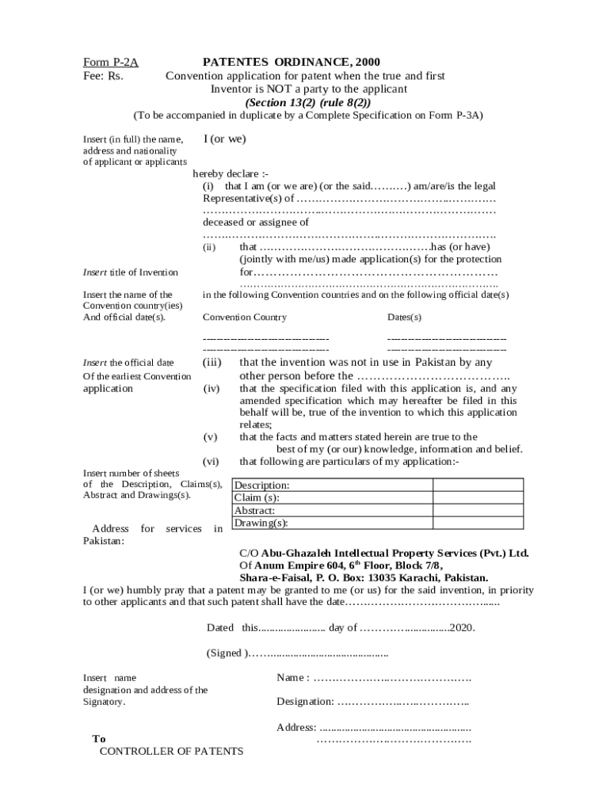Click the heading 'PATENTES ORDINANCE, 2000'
point(292,61)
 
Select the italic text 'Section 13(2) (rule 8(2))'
point(307,102)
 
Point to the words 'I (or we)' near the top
point(224,139)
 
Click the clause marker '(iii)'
point(212,362)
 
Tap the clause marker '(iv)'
point(212,389)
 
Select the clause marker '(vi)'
point(211,462)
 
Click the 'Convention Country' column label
point(245,317)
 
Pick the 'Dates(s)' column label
point(404,317)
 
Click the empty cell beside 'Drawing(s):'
point(478,523)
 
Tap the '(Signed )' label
point(227,653)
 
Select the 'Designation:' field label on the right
point(305,701)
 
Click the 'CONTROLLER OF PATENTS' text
point(171,752)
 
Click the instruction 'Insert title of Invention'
point(131,272)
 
